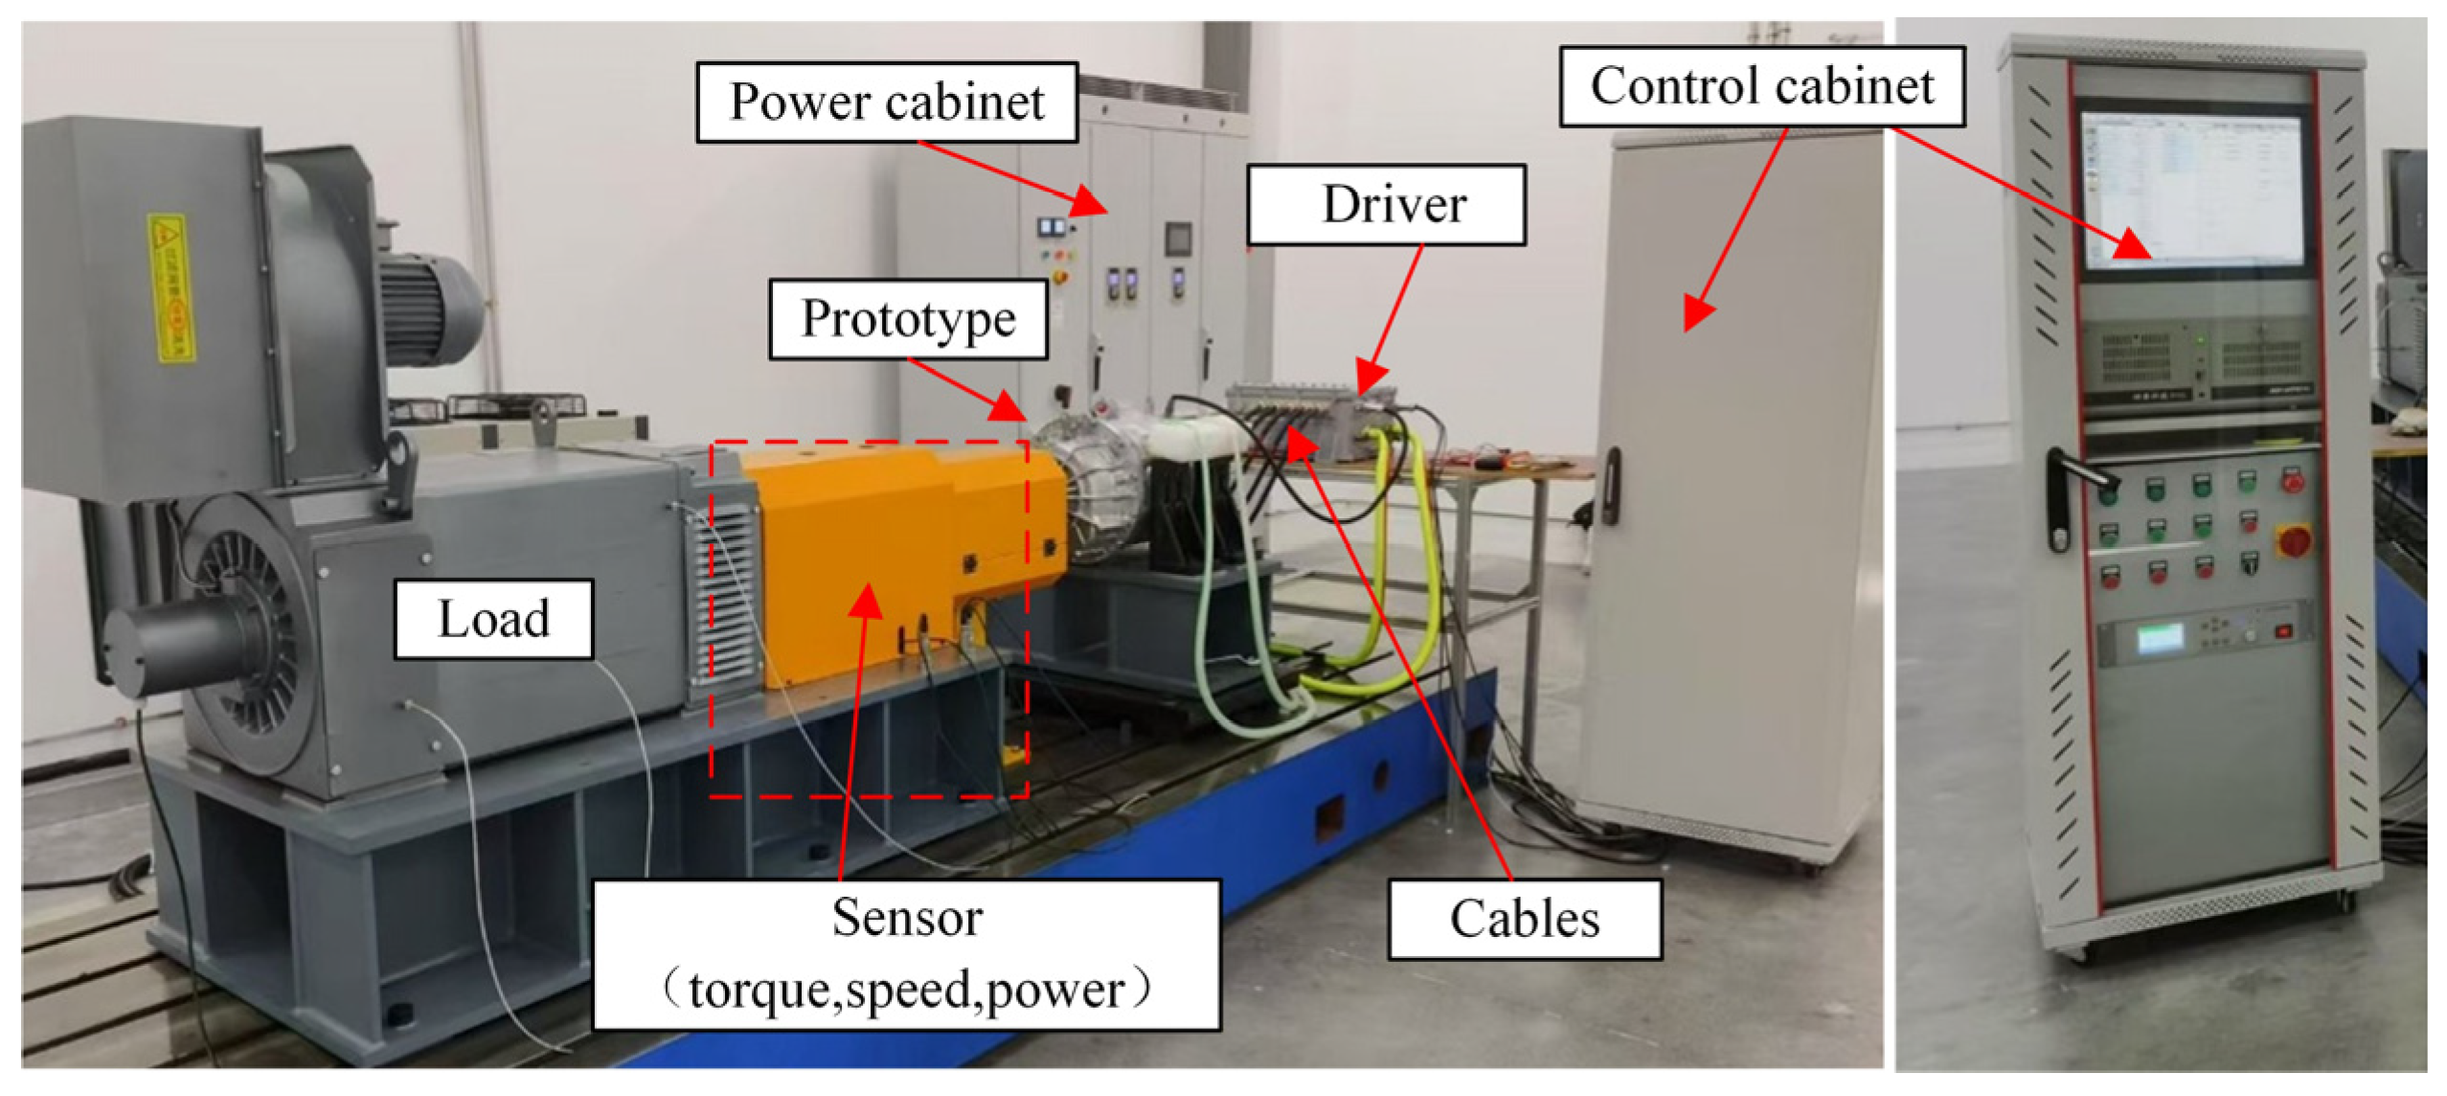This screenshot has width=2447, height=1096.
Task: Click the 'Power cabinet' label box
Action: tap(886, 103)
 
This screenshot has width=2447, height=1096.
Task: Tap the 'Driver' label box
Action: tap(1385, 205)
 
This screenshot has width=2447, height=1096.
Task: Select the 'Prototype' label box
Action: tap(907, 319)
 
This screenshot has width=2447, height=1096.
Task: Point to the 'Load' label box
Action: tap(493, 619)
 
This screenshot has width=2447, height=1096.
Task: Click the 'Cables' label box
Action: tap(1524, 919)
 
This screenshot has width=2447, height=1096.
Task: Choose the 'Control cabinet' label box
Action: tap(1761, 86)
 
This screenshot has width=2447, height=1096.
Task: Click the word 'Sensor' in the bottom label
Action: tap(906, 917)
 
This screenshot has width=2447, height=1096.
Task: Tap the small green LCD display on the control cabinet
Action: tap(2160, 637)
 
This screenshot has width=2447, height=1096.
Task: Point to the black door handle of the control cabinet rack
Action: tap(2059, 498)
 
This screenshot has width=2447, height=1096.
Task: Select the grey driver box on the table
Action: tap(1312, 412)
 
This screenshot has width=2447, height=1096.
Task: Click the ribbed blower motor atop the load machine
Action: tap(426, 307)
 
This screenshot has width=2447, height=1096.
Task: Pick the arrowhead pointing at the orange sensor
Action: tap(868, 599)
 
